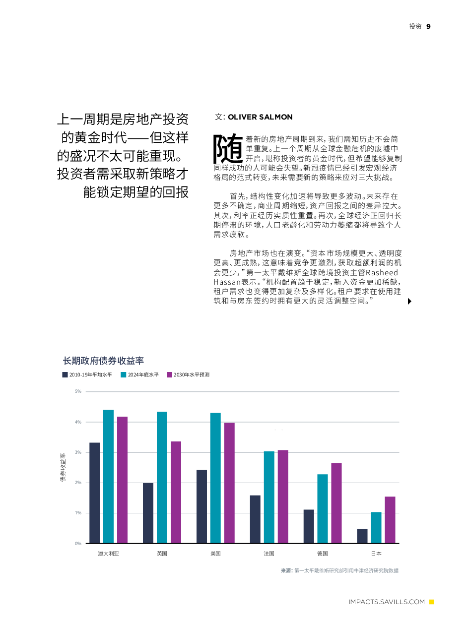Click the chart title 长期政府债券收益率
pyautogui.click(x=103, y=361)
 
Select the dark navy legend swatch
pyautogui.click(x=65, y=375)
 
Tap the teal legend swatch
pyautogui.click(x=124, y=375)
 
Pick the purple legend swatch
pyautogui.click(x=170, y=375)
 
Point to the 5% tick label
pyautogui.click(x=78, y=391)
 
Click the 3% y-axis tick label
pyautogui.click(x=78, y=452)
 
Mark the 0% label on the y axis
pyautogui.click(x=78, y=544)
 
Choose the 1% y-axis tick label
pyautogui.click(x=78, y=513)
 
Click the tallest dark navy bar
pyautogui.click(x=95, y=493)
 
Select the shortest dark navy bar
pyautogui.click(x=362, y=536)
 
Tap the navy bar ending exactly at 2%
pyautogui.click(x=148, y=513)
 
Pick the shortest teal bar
pyautogui.click(x=376, y=527)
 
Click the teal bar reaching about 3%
pyautogui.click(x=269, y=497)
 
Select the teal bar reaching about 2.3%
pyautogui.click(x=323, y=508)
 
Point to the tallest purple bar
pyautogui.click(x=122, y=480)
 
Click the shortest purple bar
pyautogui.click(x=390, y=520)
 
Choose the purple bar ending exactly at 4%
pyautogui.click(x=229, y=483)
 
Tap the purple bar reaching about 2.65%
pyautogui.click(x=336, y=503)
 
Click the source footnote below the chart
pyautogui.click(x=339, y=571)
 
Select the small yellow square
pyautogui.click(x=431, y=602)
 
